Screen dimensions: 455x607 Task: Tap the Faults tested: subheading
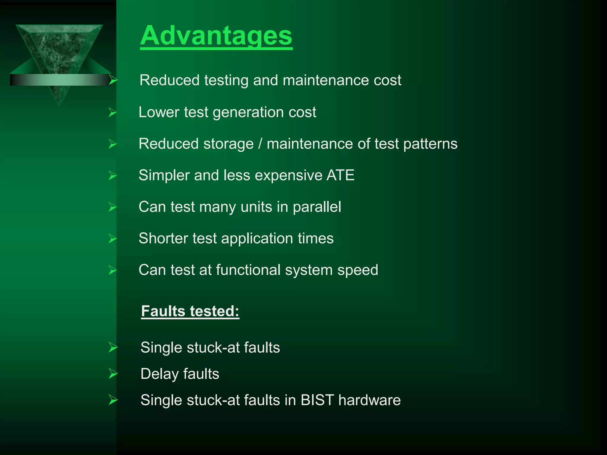click(190, 311)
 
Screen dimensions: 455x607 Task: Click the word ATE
click(340, 175)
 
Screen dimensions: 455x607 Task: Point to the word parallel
click(317, 207)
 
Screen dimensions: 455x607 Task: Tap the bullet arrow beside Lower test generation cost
click(113, 113)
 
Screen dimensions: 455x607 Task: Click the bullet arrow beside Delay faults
click(113, 374)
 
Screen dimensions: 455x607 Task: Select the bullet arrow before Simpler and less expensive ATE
click(113, 175)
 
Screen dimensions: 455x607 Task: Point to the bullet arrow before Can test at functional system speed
click(113, 270)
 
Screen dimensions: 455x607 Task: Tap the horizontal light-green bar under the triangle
click(59, 80)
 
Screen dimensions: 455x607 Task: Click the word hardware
click(369, 400)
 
